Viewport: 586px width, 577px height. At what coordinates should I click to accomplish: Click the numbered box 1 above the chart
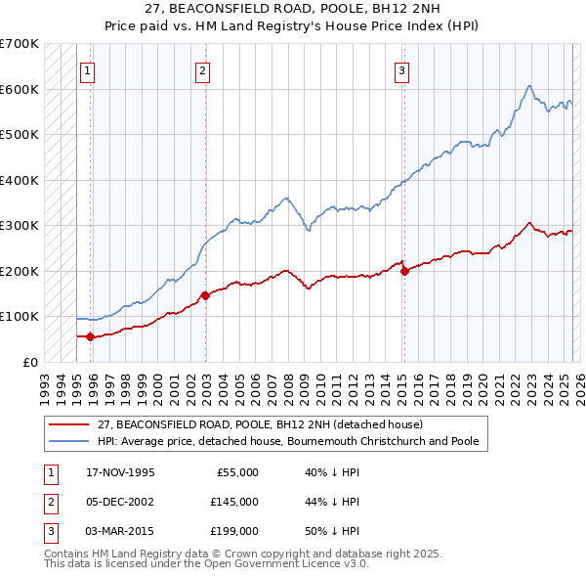(x=87, y=69)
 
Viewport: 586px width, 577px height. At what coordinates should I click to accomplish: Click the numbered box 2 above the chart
(x=201, y=69)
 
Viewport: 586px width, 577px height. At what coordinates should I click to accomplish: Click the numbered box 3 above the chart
(x=401, y=69)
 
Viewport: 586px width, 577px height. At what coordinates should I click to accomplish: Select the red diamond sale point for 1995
(x=91, y=336)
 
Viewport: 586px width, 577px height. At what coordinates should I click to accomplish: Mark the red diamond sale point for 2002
(x=205, y=295)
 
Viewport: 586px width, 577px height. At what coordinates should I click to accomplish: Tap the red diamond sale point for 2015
(x=404, y=271)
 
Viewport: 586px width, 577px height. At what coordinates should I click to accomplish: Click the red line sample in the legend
(x=68, y=425)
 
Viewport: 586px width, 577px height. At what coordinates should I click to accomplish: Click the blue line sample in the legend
(x=68, y=442)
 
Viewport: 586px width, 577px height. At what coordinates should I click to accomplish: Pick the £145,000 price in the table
(x=234, y=502)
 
